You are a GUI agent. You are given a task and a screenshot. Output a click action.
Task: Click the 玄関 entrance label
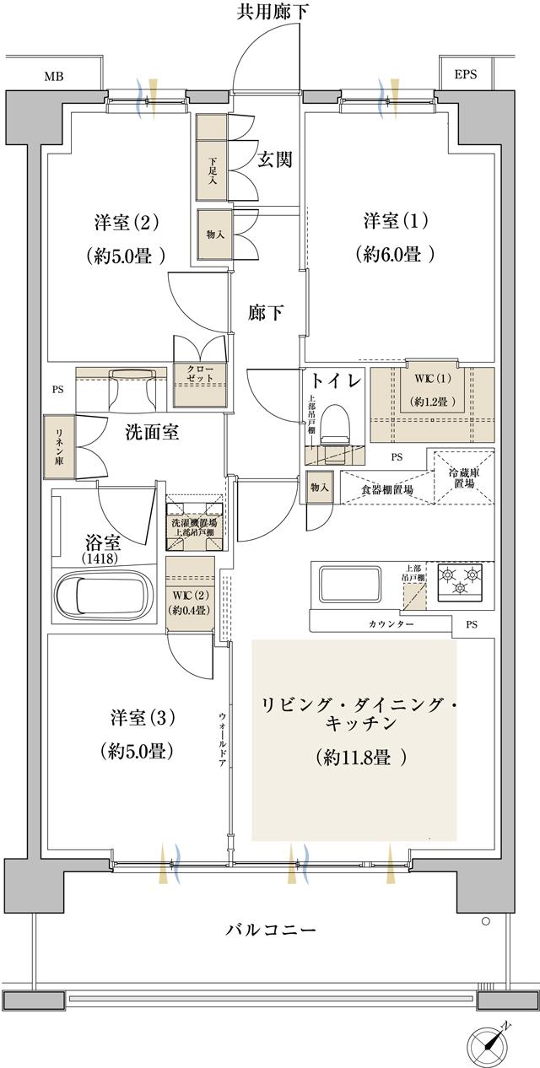[x=274, y=159]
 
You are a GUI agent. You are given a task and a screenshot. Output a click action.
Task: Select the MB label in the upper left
[x=54, y=76]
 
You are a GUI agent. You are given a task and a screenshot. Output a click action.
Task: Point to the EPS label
[x=465, y=74]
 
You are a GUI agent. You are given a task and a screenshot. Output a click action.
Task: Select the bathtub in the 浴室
[x=102, y=595]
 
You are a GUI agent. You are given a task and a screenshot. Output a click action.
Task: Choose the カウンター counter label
[x=391, y=623]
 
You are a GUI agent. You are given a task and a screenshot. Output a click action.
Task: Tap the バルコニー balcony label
[x=271, y=930]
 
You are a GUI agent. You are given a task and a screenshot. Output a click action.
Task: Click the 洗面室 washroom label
[x=152, y=432]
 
